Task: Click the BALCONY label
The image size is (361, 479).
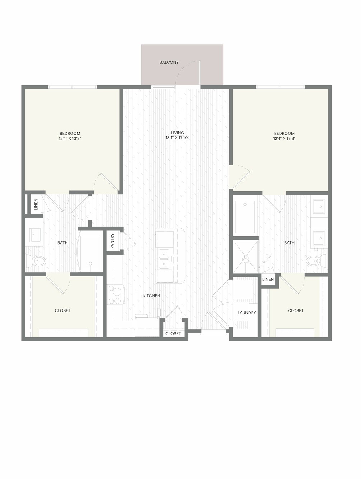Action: coord(169,62)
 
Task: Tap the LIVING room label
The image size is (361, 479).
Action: coord(177,133)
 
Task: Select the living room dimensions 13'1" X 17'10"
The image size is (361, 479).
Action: coord(177,138)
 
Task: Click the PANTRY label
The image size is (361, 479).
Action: coord(112,241)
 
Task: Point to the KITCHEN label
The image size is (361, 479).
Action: coord(151,296)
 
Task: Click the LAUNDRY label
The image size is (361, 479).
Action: coord(247,313)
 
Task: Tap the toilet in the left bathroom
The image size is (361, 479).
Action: coord(36,261)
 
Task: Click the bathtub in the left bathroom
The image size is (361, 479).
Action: coord(90,251)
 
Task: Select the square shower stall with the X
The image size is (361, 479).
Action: coord(246,257)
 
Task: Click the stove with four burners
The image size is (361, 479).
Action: coord(116,295)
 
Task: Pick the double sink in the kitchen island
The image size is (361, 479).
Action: coord(164,259)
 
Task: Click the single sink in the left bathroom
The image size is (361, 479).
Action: coord(34,235)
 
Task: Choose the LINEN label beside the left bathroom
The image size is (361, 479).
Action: coord(36,204)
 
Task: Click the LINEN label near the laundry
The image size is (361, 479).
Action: coord(268,280)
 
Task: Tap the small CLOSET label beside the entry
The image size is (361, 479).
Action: coord(173,334)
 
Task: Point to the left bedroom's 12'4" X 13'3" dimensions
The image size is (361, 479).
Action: coord(70,138)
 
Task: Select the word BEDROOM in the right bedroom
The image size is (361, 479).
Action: coord(284,133)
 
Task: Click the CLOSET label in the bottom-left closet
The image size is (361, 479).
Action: coord(62,310)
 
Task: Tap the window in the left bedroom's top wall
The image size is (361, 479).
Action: coord(72,87)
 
